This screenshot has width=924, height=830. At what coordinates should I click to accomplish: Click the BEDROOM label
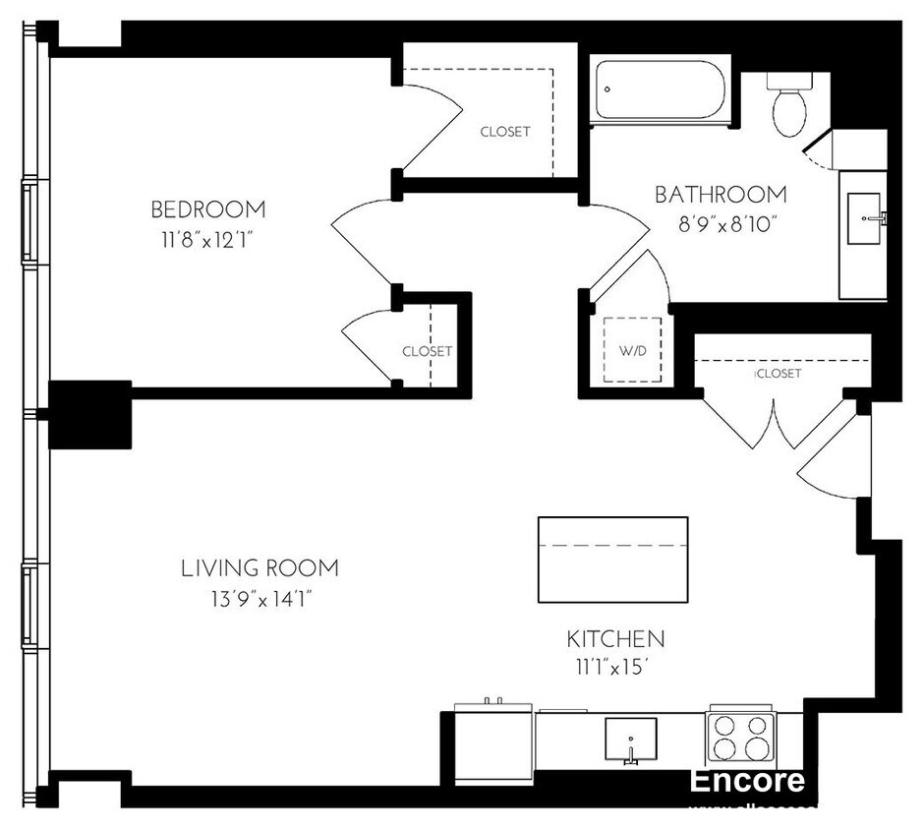tap(207, 209)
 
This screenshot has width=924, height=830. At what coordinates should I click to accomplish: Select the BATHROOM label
tap(721, 195)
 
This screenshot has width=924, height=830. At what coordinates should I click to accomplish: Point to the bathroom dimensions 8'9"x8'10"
tap(721, 223)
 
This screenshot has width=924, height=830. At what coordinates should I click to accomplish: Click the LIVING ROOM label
tap(260, 568)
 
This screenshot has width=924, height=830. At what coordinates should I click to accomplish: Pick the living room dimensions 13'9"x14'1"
tap(260, 599)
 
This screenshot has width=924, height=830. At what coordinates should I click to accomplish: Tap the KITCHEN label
tap(615, 638)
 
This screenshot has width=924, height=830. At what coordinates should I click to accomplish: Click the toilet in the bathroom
tap(789, 106)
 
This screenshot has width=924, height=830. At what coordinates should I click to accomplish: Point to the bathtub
tap(660, 91)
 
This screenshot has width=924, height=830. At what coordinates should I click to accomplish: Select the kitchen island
tap(612, 558)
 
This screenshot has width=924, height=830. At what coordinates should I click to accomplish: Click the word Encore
tap(746, 781)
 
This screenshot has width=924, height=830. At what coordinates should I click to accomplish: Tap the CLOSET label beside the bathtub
tap(505, 132)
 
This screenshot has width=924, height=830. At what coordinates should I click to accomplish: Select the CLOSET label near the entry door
tap(779, 374)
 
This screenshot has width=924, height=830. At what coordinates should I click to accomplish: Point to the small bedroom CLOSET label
tap(427, 351)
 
